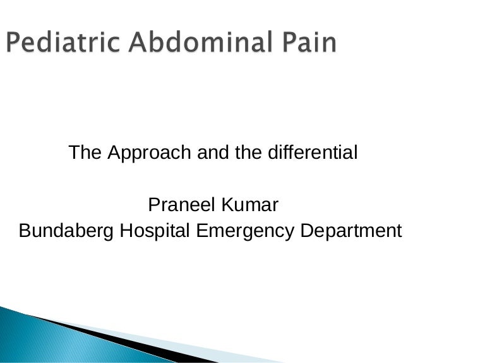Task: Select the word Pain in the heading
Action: click(x=308, y=43)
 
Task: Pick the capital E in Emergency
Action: click(x=201, y=231)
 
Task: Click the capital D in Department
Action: click(x=306, y=231)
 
